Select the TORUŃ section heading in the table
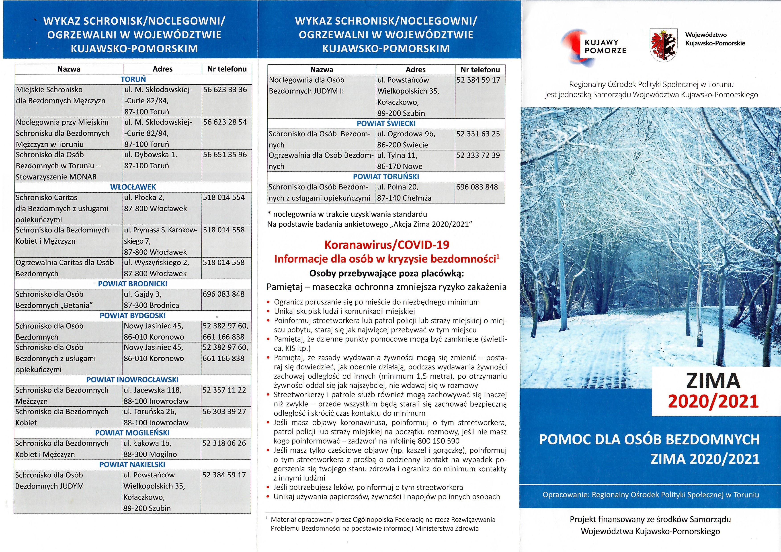pos(133,79)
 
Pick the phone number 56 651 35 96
pos(225,155)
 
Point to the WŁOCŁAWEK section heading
pos(133,187)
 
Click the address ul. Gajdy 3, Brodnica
pos(151,299)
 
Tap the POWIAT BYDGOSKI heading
pos(133,316)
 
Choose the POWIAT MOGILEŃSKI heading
pos(132,433)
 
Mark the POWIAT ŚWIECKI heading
pos(386,123)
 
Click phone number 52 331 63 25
pos(478,134)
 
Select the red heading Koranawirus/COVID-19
pos(387,244)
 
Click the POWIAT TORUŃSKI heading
pos(386,176)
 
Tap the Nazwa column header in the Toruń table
pos(69,69)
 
